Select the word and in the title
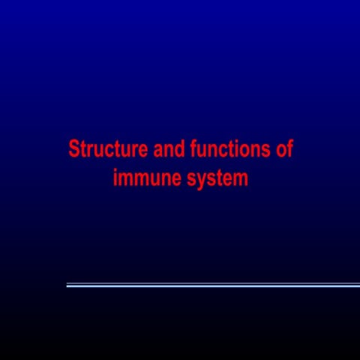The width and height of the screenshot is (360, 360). pyautogui.click(x=169, y=149)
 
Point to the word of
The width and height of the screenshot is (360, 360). pyautogui.click(x=283, y=149)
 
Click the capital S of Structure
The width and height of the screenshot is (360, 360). pyautogui.click(x=73, y=149)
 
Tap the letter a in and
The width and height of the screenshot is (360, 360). pyautogui.click(x=159, y=150)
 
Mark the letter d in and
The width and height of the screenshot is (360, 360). pyautogui.click(x=180, y=149)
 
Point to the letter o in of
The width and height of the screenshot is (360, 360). pyautogui.click(x=280, y=150)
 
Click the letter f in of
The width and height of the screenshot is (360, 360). pyautogui.click(x=289, y=149)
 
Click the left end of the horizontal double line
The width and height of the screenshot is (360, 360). pyautogui.click(x=67, y=285)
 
